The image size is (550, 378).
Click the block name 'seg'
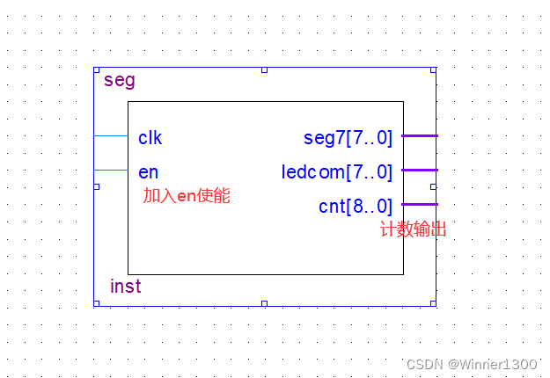(120, 81)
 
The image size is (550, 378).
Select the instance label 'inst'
(126, 287)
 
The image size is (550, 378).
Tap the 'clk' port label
(150, 138)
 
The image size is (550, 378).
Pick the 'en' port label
(148, 171)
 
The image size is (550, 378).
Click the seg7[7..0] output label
(348, 138)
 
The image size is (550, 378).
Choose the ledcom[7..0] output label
(337, 171)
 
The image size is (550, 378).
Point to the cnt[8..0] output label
(356, 207)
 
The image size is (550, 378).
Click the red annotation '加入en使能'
(187, 196)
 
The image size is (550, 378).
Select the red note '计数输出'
(413, 230)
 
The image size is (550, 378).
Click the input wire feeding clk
(111, 136)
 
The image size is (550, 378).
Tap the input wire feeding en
(111, 170)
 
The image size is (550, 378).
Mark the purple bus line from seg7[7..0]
(420, 135)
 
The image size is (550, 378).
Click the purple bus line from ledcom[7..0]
(420, 170)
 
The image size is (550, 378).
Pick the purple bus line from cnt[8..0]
(420, 204)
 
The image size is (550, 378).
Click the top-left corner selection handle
(96, 69)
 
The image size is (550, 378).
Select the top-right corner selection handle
(433, 69)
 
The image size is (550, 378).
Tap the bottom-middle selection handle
(264, 303)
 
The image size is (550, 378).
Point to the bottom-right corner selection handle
(433, 303)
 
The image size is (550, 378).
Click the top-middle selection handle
(264, 69)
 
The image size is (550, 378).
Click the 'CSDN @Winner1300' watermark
(472, 364)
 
